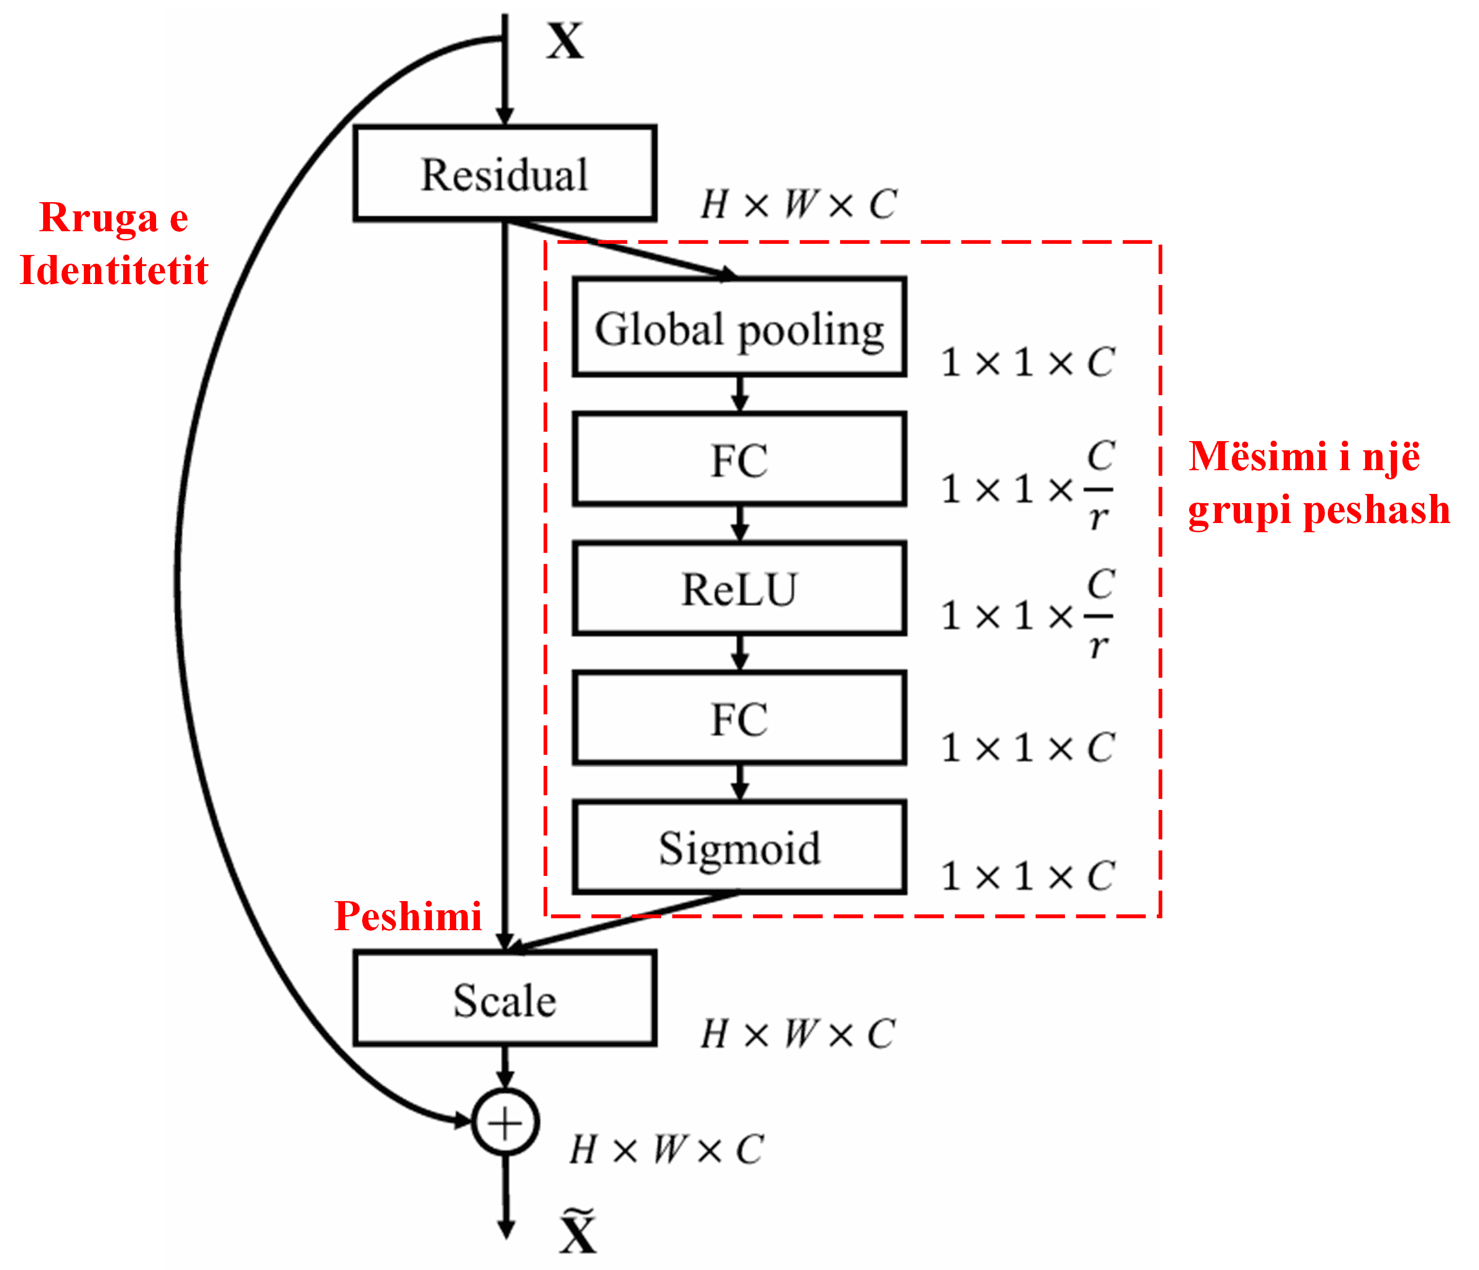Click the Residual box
coord(505,174)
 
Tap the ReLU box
coord(740,588)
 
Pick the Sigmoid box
coord(740,847)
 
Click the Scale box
coord(505,999)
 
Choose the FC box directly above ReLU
coord(740,459)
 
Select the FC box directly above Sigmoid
coord(740,718)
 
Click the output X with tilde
coord(577,1229)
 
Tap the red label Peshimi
coord(408,916)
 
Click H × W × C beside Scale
coord(798,1034)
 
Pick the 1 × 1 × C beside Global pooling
coord(1027,362)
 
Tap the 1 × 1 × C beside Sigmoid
coord(1027,876)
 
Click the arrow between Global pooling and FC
coord(740,393)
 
